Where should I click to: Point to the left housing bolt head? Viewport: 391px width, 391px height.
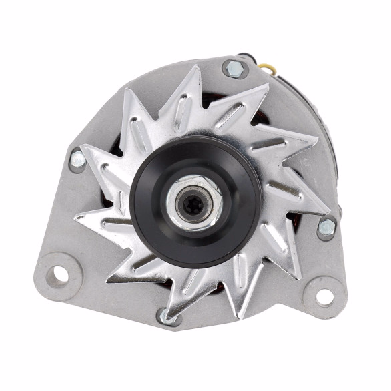click(78, 159)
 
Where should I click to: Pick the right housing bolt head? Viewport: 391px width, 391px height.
click(326, 228)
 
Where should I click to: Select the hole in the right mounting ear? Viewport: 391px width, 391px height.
click(324, 296)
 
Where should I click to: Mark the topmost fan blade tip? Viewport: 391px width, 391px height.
click(198, 66)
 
